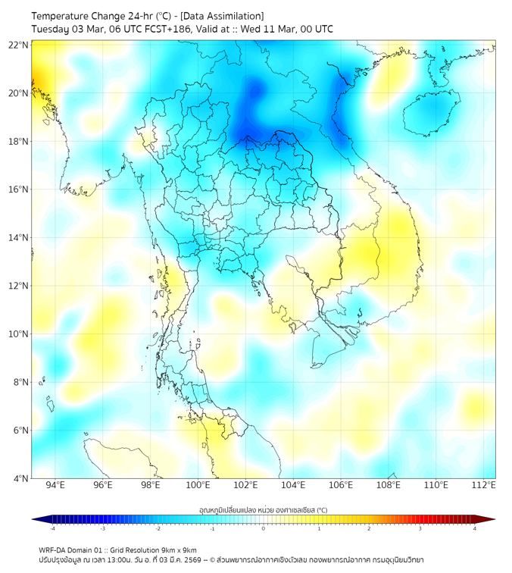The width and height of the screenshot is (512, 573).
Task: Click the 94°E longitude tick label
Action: [x=55, y=486]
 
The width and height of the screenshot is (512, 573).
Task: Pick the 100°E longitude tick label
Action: [x=198, y=486]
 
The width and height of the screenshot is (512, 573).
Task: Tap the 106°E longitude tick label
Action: [x=341, y=486]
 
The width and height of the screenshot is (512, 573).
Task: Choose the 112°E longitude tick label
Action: [x=484, y=486]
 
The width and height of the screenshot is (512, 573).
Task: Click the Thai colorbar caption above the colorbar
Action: [x=263, y=510]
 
